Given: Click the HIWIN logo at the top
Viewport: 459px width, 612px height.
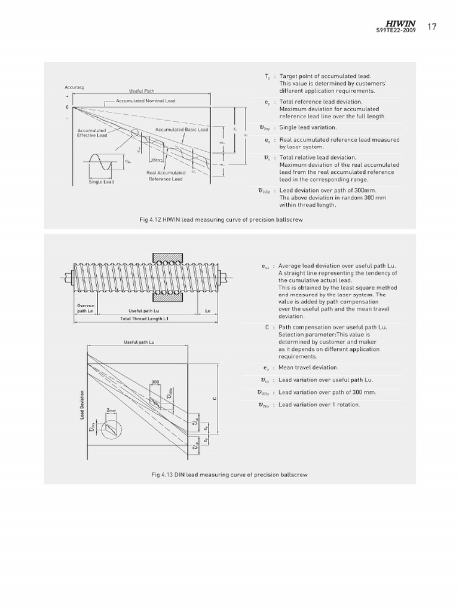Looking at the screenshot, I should tap(400, 23).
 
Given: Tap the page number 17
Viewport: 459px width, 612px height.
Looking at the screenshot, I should tap(433, 26).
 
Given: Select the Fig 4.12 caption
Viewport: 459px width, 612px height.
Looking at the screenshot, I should tap(221, 220).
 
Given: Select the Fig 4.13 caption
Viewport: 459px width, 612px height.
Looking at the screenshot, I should tap(229, 475).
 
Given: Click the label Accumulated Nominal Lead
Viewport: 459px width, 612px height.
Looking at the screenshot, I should tap(146, 101).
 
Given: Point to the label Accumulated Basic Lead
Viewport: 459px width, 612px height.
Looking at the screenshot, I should tap(182, 129).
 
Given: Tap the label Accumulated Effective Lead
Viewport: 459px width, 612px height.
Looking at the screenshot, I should tap(92, 133).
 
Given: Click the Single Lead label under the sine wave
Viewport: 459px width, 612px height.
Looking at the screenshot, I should tap(101, 182).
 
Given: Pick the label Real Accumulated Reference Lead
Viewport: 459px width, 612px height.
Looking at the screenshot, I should tap(166, 176).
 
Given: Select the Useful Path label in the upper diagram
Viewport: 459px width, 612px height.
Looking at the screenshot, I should tap(142, 91).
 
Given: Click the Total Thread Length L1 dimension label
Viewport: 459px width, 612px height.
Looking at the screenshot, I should tap(145, 319).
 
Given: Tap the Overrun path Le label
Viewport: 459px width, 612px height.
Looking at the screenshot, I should tap(85, 308).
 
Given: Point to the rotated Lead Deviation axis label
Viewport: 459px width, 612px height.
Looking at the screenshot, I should tap(82, 405).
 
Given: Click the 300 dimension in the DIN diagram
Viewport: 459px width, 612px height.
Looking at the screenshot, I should tap(155, 381).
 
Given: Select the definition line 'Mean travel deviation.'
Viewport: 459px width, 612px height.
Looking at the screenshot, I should tap(308, 368).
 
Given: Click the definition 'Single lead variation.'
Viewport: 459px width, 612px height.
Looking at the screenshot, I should tap(308, 127).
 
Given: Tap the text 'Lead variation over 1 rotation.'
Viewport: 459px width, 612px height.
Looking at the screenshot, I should tap(319, 405).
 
